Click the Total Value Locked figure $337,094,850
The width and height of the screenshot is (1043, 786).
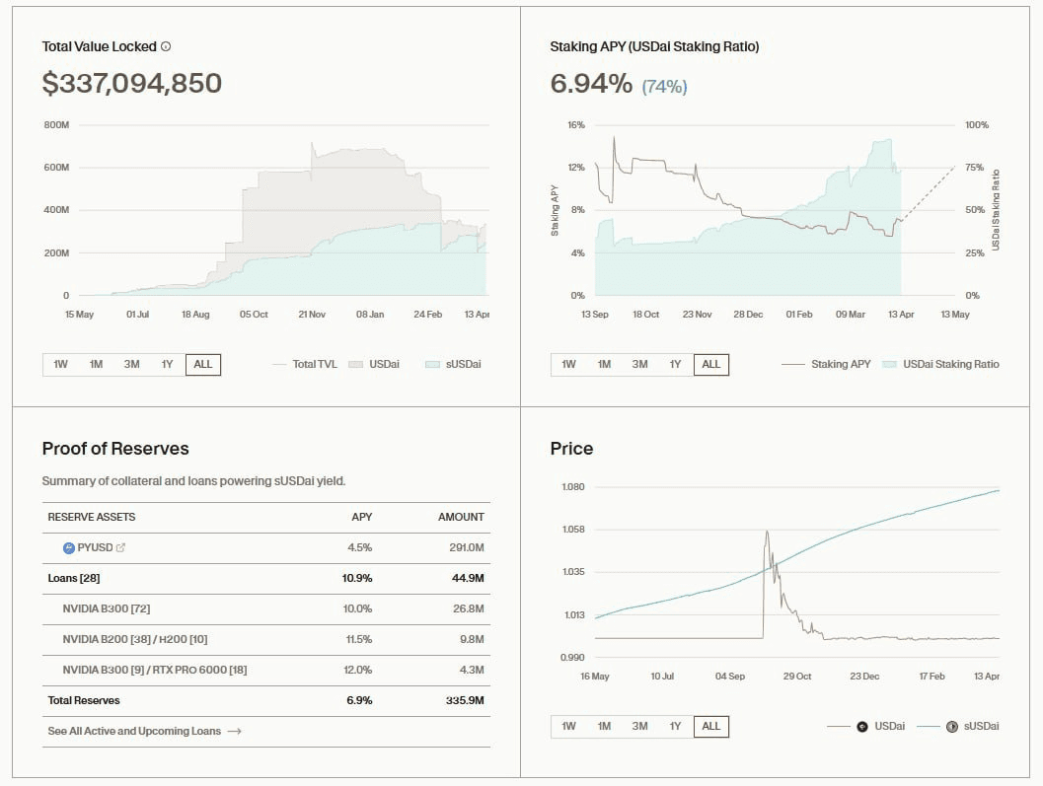(x=131, y=84)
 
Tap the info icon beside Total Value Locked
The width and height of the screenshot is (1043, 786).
(x=166, y=46)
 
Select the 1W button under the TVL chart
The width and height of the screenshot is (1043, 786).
(x=60, y=364)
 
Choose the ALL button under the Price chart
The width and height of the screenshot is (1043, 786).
(x=710, y=726)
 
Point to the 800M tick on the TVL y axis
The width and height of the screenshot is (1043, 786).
(x=56, y=125)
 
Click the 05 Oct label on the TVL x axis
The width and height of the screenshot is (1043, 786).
(x=254, y=314)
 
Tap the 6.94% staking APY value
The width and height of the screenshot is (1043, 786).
(x=591, y=84)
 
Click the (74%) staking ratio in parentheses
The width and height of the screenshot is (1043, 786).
(x=664, y=87)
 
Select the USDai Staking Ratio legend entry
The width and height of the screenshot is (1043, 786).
(x=949, y=364)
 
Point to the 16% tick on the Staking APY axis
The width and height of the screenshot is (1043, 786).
(x=576, y=125)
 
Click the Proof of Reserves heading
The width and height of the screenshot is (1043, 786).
(x=115, y=449)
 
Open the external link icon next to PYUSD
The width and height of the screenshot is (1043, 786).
(x=120, y=547)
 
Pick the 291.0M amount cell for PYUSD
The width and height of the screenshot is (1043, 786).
(x=467, y=547)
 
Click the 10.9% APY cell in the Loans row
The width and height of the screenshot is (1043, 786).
(x=356, y=578)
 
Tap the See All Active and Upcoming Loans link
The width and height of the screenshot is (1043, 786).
(x=144, y=731)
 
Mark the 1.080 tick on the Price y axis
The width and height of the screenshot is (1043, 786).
(x=572, y=487)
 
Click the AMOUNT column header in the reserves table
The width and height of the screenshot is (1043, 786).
(x=461, y=517)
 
